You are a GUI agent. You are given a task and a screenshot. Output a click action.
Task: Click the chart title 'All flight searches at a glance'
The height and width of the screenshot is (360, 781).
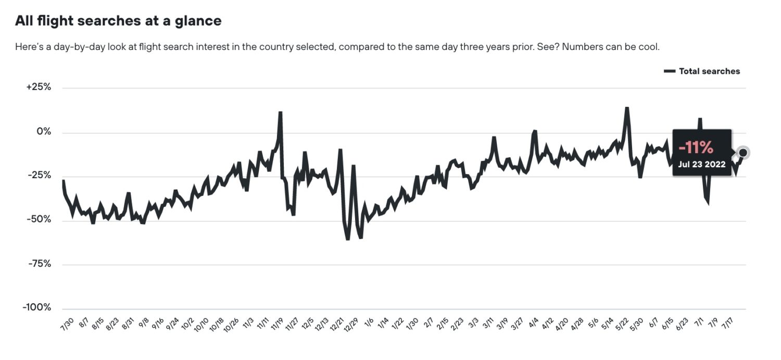(x=118, y=21)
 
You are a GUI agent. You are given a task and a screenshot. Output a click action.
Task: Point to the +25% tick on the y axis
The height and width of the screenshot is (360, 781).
(x=39, y=87)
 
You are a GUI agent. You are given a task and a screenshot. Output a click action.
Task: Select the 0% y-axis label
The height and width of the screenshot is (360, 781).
(x=43, y=132)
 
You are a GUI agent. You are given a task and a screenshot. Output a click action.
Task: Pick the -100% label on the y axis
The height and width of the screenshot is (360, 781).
(x=36, y=307)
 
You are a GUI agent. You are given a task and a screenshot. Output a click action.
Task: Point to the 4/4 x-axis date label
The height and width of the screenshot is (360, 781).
(x=534, y=323)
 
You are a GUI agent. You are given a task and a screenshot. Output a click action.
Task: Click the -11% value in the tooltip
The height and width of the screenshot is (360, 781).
(x=696, y=148)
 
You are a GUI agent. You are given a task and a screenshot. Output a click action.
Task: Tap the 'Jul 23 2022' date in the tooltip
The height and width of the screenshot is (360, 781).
(x=701, y=164)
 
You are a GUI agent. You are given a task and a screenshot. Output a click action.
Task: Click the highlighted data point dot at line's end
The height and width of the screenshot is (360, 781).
(x=744, y=153)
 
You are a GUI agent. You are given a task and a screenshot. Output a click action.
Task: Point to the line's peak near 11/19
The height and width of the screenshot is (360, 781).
(x=280, y=113)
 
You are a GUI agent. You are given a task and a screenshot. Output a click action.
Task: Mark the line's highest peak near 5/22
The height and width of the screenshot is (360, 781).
(x=627, y=108)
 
